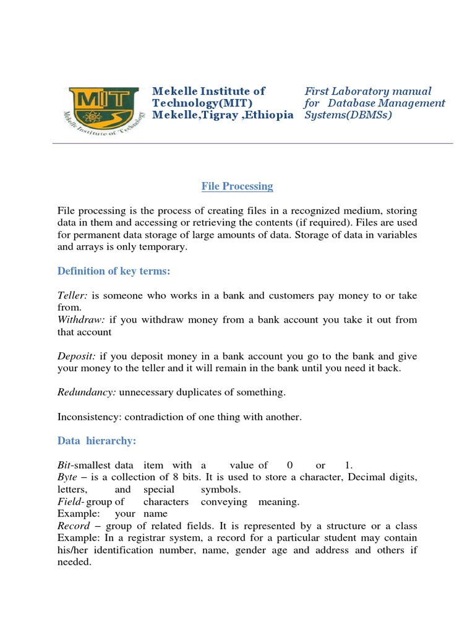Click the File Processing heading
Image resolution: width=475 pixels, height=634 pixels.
click(237, 186)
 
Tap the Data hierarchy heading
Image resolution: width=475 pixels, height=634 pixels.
click(96, 440)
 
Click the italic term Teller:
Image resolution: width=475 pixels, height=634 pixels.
click(74, 295)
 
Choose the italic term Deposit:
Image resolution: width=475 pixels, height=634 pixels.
click(77, 356)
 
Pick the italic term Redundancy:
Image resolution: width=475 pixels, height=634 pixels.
click(87, 393)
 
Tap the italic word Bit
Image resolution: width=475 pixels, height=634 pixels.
click(64, 465)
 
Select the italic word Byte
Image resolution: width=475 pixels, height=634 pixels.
click(67, 477)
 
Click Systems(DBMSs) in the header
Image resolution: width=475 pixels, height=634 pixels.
click(348, 115)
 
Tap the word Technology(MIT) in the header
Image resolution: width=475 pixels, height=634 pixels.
click(202, 103)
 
